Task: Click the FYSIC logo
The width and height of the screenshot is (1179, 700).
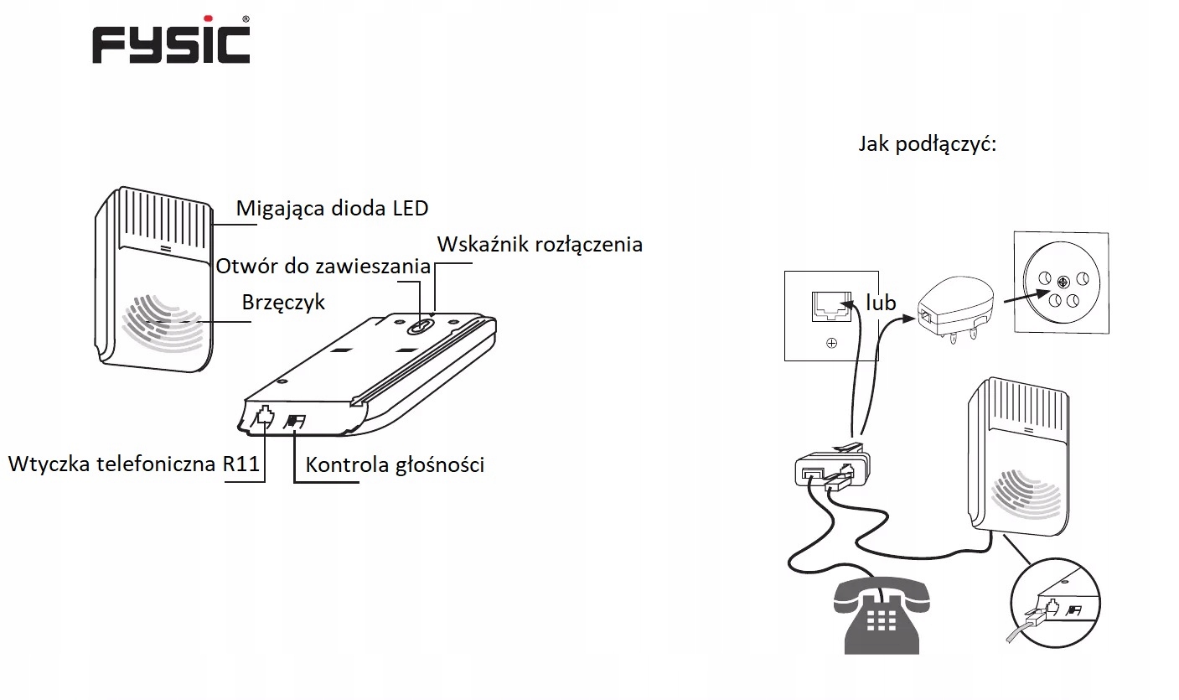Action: click(x=170, y=44)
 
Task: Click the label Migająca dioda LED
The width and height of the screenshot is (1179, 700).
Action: click(x=332, y=208)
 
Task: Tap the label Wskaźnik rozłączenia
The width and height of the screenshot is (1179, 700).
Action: click(x=540, y=244)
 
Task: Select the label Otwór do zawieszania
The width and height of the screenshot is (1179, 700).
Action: click(x=323, y=267)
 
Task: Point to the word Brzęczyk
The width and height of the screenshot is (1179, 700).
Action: click(x=283, y=303)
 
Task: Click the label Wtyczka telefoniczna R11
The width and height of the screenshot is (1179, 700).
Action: click(x=134, y=464)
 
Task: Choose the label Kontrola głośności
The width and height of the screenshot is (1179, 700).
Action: click(x=395, y=464)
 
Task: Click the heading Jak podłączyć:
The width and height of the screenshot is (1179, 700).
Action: click(x=927, y=143)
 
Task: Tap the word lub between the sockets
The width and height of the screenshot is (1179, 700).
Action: click(x=882, y=303)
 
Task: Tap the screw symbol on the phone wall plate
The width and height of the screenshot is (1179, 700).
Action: click(x=831, y=342)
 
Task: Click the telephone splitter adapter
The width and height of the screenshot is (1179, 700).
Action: click(x=830, y=467)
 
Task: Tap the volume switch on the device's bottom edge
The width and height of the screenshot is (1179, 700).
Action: click(x=296, y=420)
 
